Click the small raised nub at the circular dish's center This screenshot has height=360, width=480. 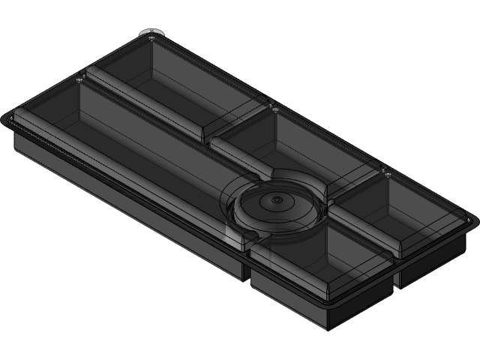tap(277, 200)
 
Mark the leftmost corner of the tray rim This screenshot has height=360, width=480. tap(6, 116)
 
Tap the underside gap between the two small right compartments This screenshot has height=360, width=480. tap(395, 277)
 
